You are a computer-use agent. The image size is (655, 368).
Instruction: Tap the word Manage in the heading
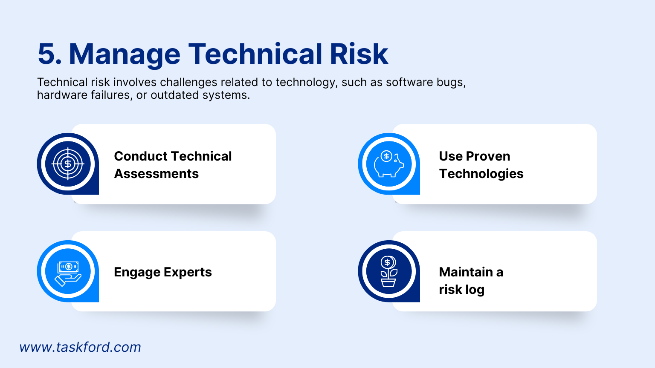coord(125,54)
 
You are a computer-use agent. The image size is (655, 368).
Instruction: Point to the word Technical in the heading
coord(255,54)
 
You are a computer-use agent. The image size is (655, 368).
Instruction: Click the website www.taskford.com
coord(80,347)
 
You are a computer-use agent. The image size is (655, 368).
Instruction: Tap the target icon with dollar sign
coord(68,164)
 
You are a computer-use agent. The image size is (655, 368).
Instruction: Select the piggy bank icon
coord(388,164)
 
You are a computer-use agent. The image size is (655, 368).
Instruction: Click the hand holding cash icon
coord(68,271)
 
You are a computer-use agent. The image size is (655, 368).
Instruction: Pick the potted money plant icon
coord(388,271)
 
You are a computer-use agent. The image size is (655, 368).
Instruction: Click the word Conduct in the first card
coord(140,156)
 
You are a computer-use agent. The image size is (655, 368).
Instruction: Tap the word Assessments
coord(156,174)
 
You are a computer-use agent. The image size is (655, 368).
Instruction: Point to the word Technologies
coord(481,174)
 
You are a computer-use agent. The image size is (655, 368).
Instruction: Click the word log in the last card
coord(475,290)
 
